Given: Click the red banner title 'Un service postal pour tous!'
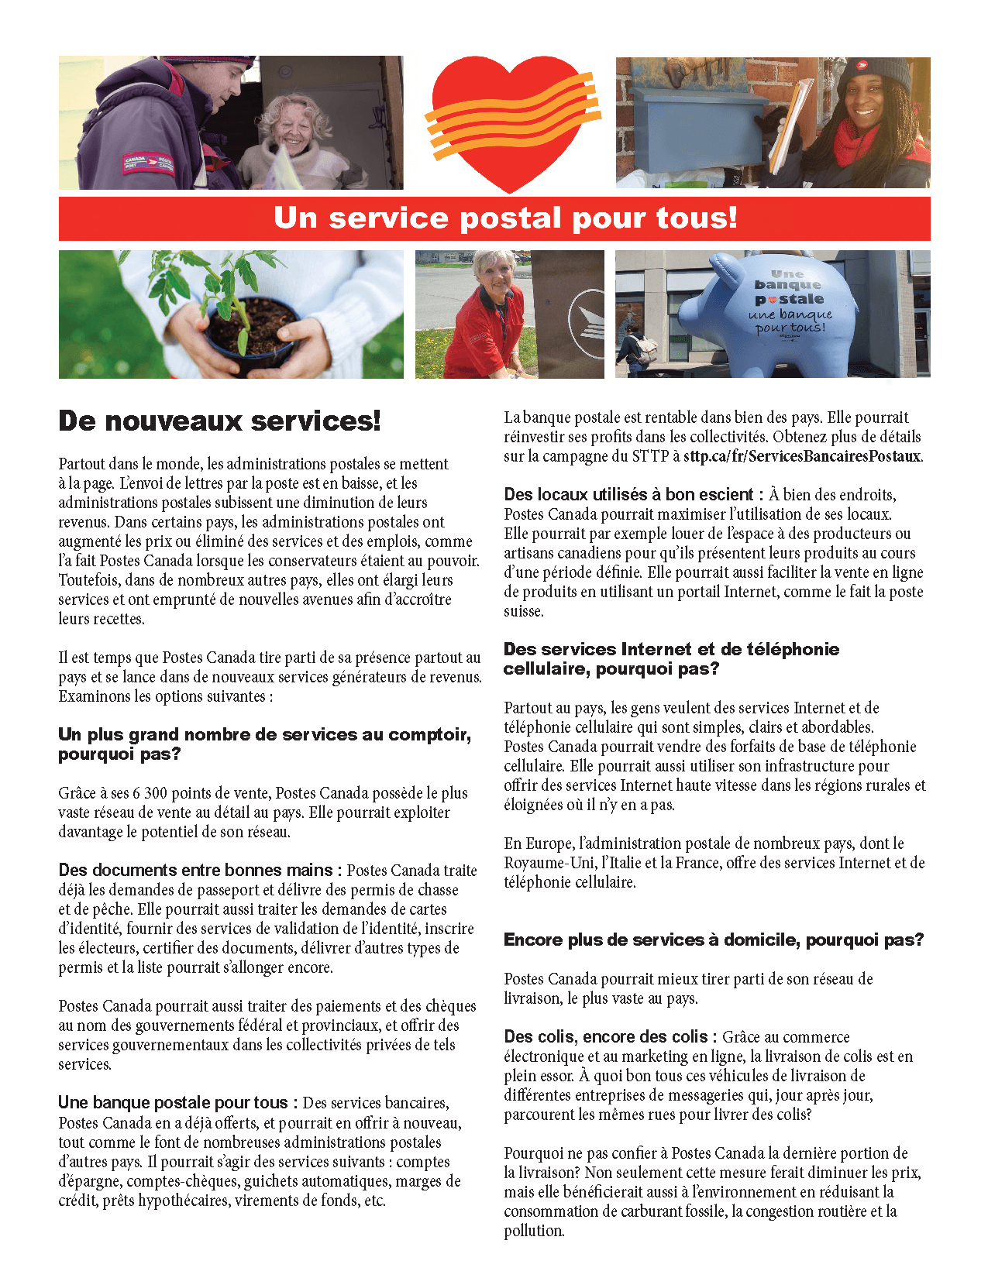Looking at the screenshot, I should [505, 218].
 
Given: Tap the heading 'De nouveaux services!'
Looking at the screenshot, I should [219, 421].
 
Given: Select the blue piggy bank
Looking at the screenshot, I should [767, 314].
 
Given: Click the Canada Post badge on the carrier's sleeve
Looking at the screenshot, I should [149, 163].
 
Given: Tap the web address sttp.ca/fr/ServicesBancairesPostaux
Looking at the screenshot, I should [802, 456].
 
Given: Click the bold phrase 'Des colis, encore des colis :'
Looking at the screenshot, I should [610, 1037].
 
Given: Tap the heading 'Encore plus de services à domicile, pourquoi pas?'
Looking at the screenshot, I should [714, 940].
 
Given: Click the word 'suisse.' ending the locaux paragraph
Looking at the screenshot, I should [524, 611].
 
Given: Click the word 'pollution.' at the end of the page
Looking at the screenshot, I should [534, 1231].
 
